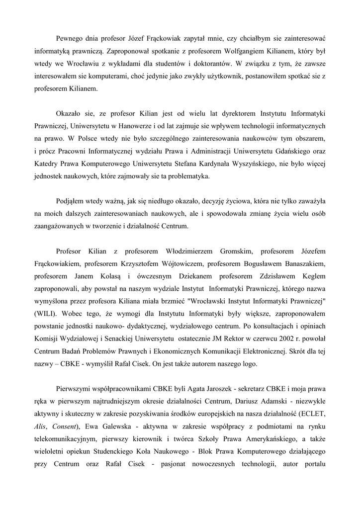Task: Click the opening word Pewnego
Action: (70, 38)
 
